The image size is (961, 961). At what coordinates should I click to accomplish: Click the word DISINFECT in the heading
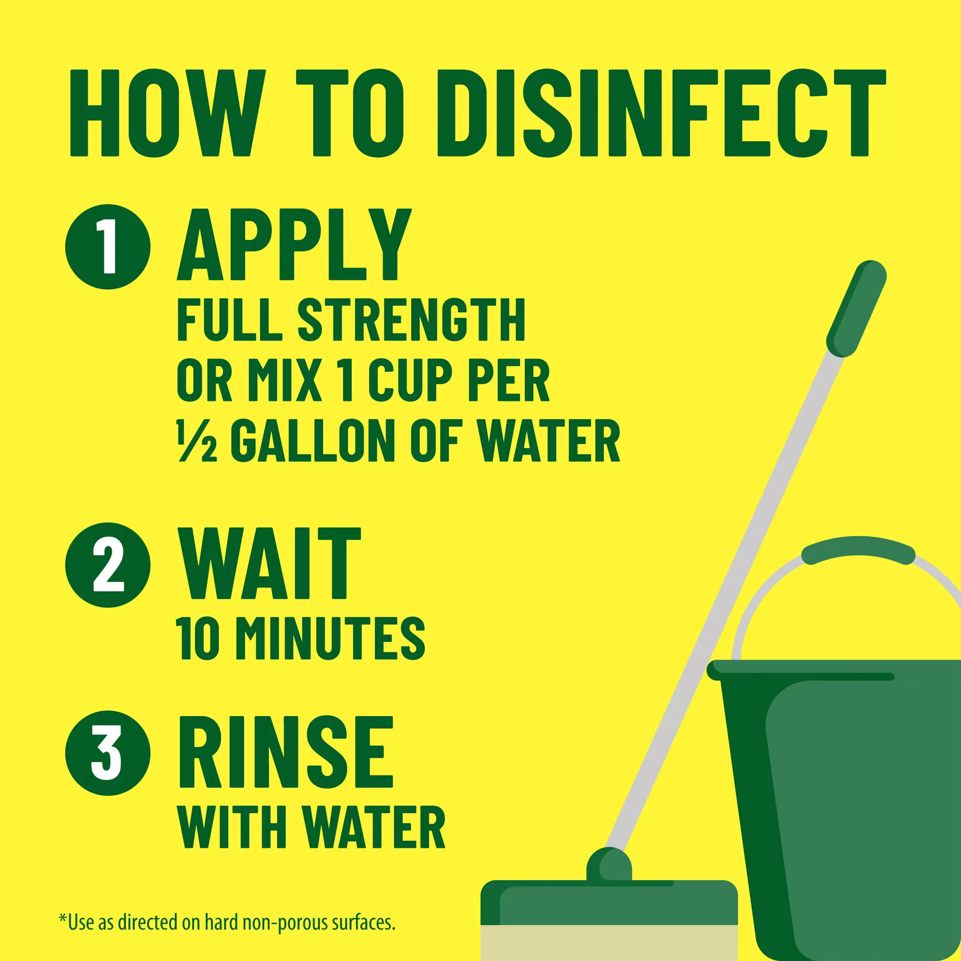click(662, 113)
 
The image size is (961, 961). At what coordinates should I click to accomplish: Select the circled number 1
click(108, 246)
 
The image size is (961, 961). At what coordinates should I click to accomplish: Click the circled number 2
click(108, 565)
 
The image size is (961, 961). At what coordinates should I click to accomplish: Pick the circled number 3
click(108, 753)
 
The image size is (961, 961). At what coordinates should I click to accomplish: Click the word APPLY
click(295, 244)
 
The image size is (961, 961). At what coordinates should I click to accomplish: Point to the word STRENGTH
click(411, 320)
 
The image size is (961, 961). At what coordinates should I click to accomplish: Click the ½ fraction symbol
click(197, 441)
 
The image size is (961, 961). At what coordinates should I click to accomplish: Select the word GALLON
click(313, 441)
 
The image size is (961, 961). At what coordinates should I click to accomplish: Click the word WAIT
click(269, 564)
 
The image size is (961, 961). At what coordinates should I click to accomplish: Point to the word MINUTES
click(330, 639)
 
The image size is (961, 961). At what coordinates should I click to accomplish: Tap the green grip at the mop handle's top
click(857, 309)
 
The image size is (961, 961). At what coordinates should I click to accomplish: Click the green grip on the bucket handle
click(859, 551)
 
